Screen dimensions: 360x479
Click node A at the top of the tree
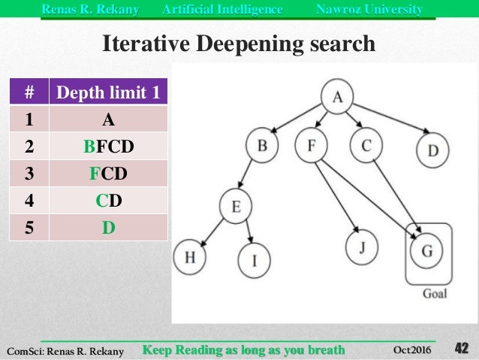coord(337,97)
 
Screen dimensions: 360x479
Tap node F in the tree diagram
coord(312,145)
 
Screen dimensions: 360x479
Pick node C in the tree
coord(366,145)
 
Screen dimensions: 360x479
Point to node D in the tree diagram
coord(432,150)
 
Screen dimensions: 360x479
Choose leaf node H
coord(190,257)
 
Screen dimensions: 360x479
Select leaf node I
coord(254,260)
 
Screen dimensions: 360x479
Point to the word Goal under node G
coord(434,293)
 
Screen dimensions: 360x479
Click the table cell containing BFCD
coord(109,146)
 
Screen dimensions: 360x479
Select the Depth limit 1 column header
coord(109,93)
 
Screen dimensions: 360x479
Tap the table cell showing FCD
coord(109,173)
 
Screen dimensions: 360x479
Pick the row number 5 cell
coord(29,226)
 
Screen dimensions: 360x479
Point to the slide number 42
coord(461,348)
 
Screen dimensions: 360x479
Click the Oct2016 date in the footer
coord(412,349)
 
